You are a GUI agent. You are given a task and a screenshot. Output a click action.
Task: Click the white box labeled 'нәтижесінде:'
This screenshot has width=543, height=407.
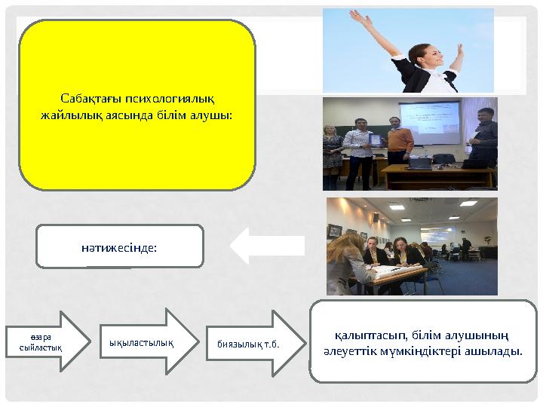[x=120, y=246]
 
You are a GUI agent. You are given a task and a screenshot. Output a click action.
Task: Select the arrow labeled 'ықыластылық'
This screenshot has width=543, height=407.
[x=143, y=341]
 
